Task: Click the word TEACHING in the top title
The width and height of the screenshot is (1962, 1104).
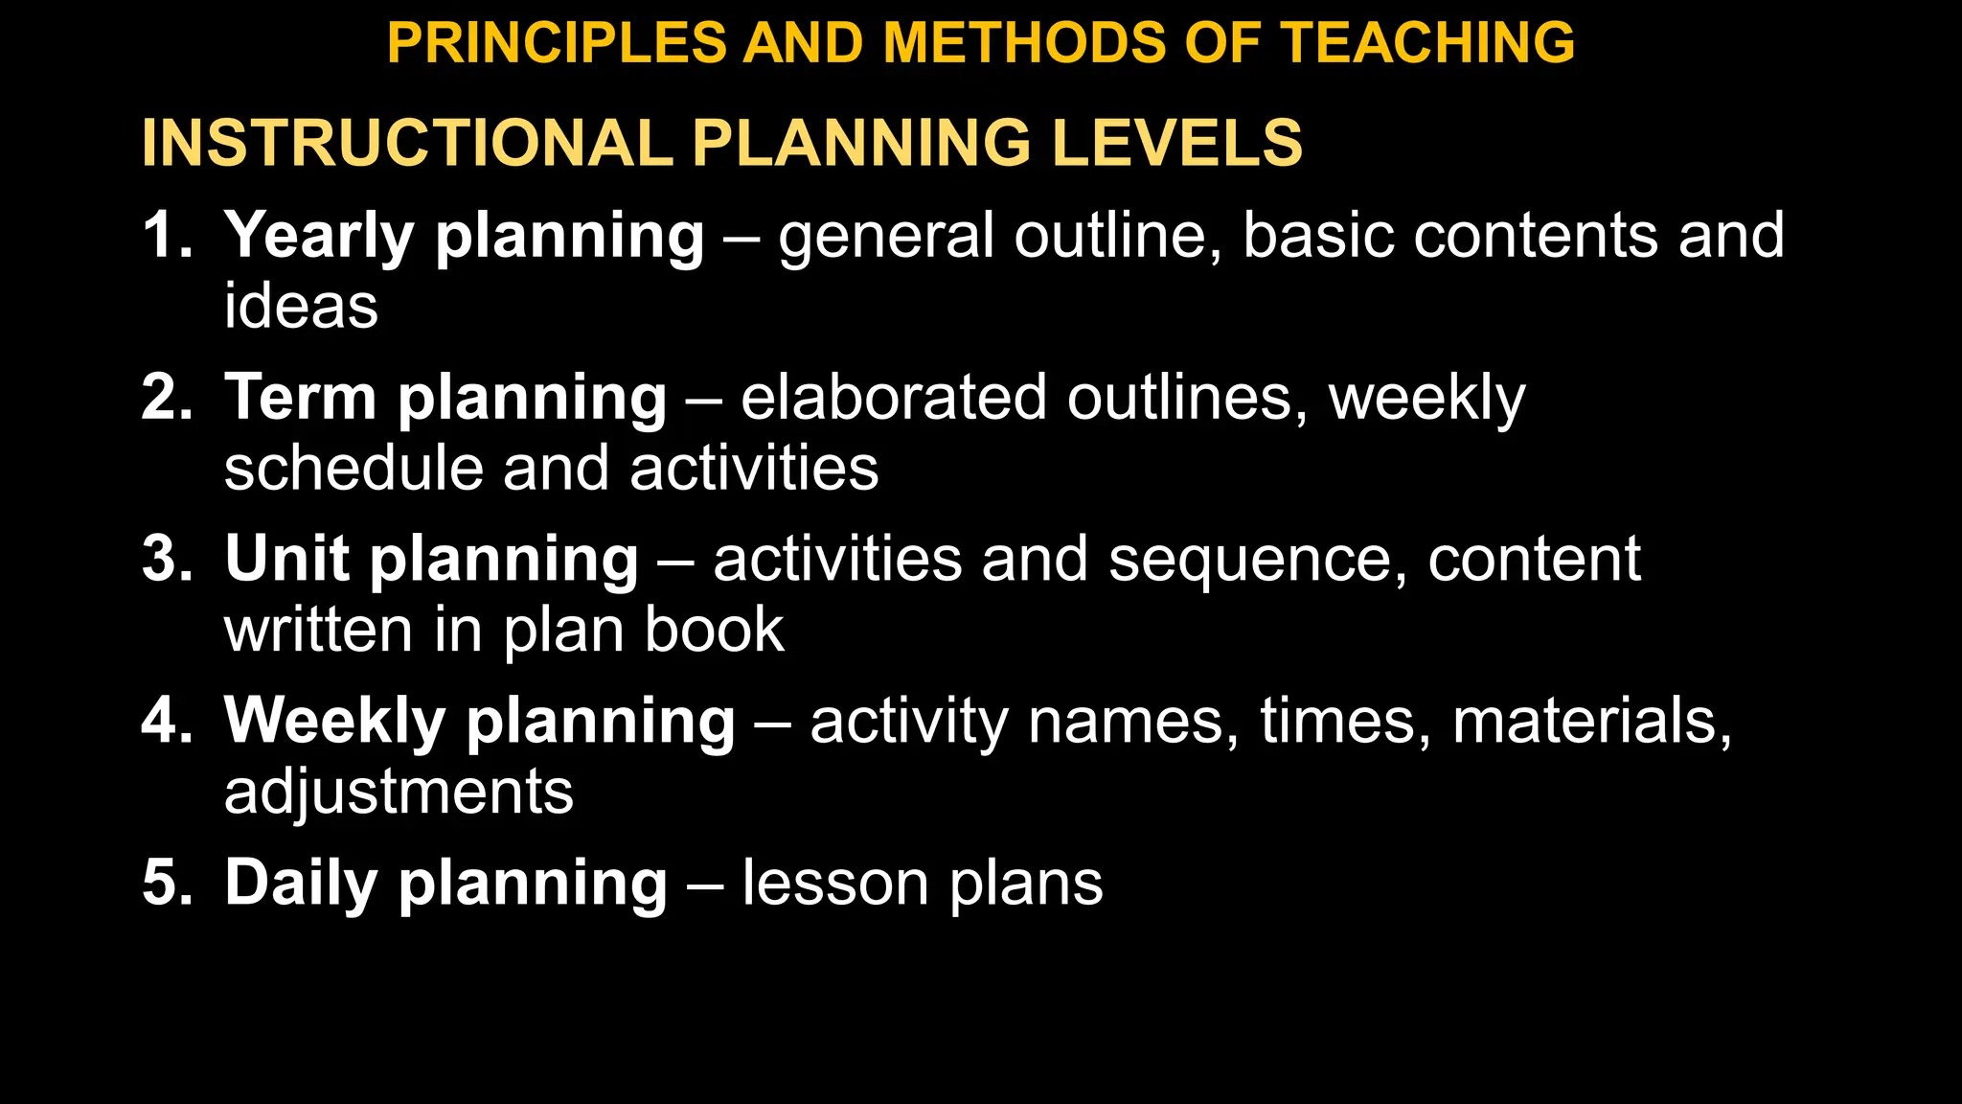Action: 1427,43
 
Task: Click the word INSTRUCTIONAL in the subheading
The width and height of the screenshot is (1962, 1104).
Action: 406,143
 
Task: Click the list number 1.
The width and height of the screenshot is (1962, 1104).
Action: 165,235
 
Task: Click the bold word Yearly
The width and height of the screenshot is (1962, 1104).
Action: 320,237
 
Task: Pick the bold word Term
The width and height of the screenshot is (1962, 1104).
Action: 300,397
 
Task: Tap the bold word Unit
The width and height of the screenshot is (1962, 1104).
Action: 286,559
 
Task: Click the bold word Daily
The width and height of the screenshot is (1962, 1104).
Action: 301,884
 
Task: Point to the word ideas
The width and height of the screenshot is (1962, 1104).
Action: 301,307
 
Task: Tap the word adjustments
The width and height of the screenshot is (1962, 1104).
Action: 399,793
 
